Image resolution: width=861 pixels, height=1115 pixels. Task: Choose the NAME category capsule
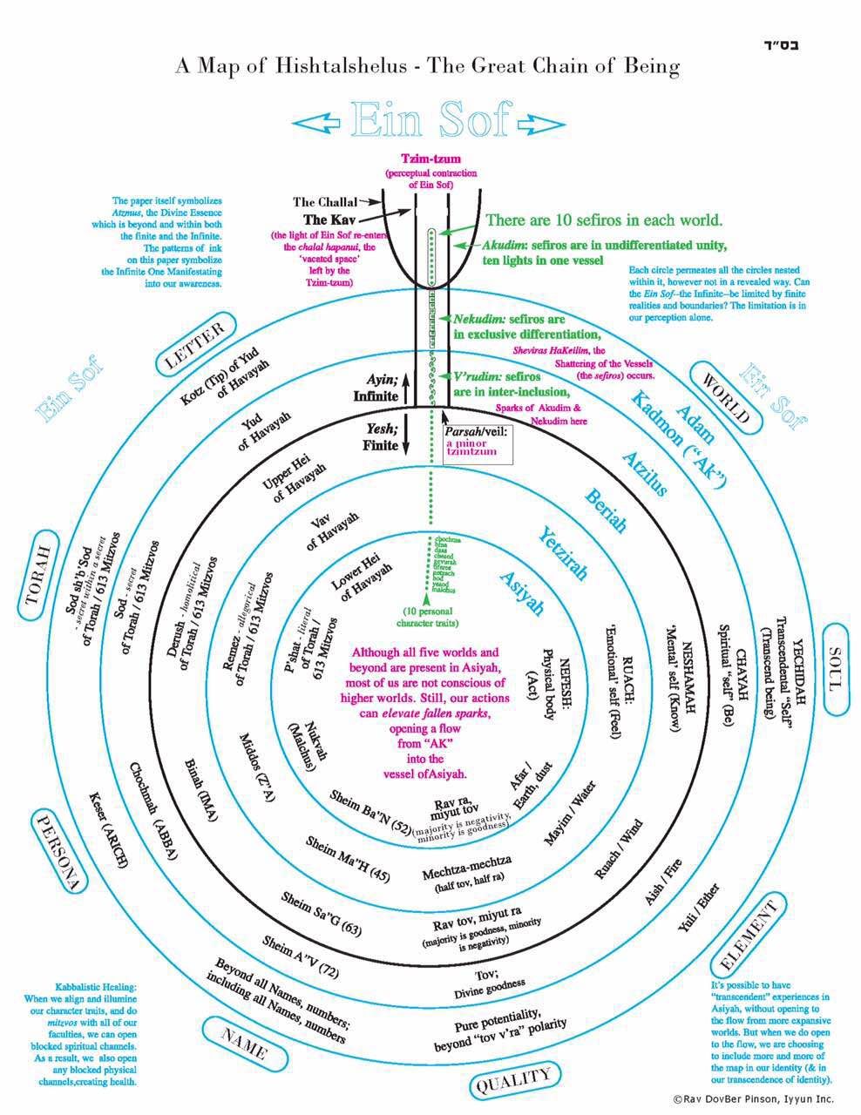245,1042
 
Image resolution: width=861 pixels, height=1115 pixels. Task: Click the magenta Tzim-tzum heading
430,159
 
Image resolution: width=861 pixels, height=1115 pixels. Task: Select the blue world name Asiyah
521,594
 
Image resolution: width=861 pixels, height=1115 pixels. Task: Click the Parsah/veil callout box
477,443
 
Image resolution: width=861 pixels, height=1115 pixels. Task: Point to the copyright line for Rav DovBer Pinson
753,1099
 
